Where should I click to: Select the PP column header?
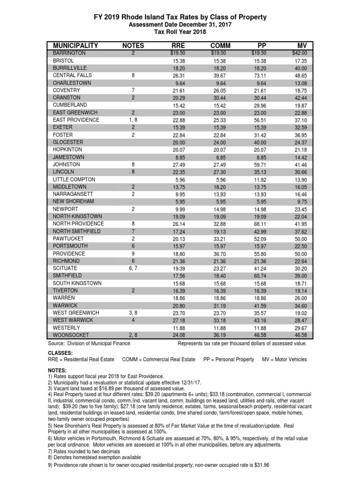coord(262,45)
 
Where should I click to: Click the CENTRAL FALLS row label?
coord(72,75)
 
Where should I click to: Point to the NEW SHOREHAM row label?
coord(74,201)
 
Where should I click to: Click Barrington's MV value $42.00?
coord(299,53)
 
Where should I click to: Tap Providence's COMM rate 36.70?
coord(218,253)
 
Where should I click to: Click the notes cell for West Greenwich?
coord(133,313)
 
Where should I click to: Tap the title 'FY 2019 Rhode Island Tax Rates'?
coord(180,17)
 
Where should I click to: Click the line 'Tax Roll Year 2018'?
coord(180,31)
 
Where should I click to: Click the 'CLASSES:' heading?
coord(60,352)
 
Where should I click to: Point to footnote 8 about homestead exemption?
coord(94,457)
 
